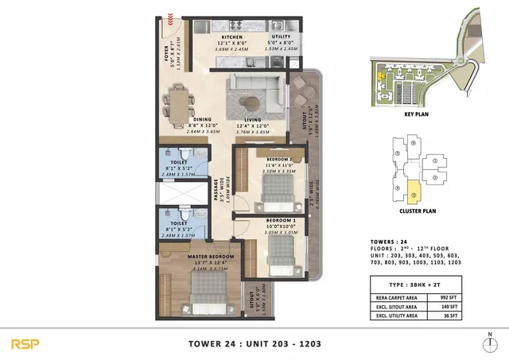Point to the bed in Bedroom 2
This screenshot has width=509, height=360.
[276, 190]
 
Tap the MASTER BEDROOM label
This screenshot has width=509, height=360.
[210, 257]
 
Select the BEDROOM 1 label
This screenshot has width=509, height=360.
[281, 219]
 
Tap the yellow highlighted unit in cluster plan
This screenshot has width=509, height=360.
[414, 191]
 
